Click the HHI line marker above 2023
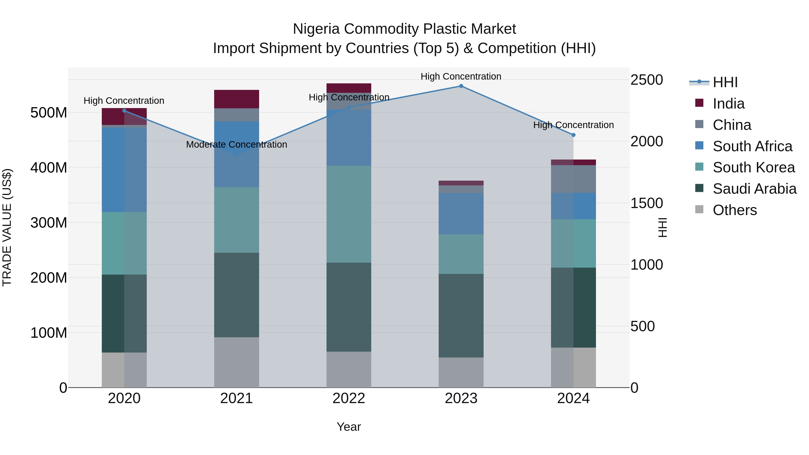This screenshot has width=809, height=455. pyautogui.click(x=461, y=86)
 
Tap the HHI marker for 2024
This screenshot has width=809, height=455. pyautogui.click(x=573, y=135)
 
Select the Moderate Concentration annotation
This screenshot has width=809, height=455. pyautogui.click(x=236, y=145)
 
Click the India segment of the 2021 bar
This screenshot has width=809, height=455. pyautogui.click(x=236, y=99)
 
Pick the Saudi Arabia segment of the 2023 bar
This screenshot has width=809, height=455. pyautogui.click(x=461, y=316)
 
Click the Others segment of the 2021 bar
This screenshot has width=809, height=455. pyautogui.click(x=236, y=362)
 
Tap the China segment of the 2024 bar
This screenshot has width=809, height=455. pyautogui.click(x=573, y=179)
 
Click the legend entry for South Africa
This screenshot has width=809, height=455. pyautogui.click(x=752, y=146)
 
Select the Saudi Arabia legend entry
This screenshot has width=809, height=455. pyautogui.click(x=754, y=189)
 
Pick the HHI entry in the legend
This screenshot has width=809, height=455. pyautogui.click(x=725, y=82)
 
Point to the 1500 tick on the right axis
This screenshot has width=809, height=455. pyautogui.click(x=646, y=203)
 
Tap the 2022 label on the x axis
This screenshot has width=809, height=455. pyautogui.click(x=349, y=398)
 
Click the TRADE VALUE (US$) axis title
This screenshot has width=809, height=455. pyautogui.click(x=7, y=227)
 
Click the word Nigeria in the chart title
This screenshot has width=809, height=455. pyautogui.click(x=316, y=29)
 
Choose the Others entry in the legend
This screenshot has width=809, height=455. pyautogui.click(x=735, y=210)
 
